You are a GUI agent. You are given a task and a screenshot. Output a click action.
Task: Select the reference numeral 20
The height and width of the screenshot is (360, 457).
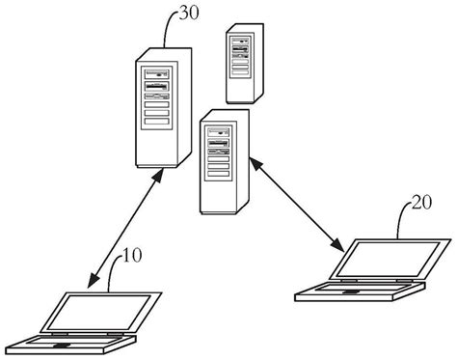coord(422,203)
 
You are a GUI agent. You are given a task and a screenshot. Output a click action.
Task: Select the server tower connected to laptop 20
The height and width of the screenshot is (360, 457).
coord(224,161)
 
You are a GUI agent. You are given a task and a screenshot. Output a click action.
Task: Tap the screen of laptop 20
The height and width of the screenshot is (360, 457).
coord(383,260)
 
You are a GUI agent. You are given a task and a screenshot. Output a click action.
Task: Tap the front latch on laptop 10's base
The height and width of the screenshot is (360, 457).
coord(64,345)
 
